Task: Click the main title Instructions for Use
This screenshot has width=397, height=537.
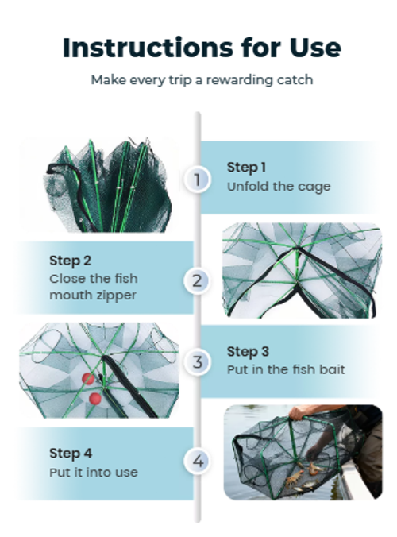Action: click(x=202, y=48)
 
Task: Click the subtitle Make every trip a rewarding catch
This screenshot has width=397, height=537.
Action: click(x=202, y=80)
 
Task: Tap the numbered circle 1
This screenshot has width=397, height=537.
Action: click(x=198, y=179)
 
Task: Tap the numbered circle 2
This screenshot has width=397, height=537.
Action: click(x=198, y=280)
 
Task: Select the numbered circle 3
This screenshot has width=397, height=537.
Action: click(x=198, y=362)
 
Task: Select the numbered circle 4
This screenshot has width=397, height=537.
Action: click(x=198, y=462)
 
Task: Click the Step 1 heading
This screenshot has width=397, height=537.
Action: click(x=246, y=167)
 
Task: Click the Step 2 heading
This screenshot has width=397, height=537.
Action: click(x=70, y=261)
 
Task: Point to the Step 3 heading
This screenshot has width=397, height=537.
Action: click(x=248, y=351)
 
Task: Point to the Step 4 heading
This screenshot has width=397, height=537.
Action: click(x=71, y=453)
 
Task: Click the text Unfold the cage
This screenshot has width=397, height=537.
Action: click(x=278, y=187)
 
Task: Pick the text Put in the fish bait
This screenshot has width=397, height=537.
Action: click(x=285, y=370)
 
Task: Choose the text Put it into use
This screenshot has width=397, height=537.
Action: click(x=93, y=472)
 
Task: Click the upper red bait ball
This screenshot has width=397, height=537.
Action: click(x=88, y=379)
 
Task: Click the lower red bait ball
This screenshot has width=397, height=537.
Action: click(x=95, y=398)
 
